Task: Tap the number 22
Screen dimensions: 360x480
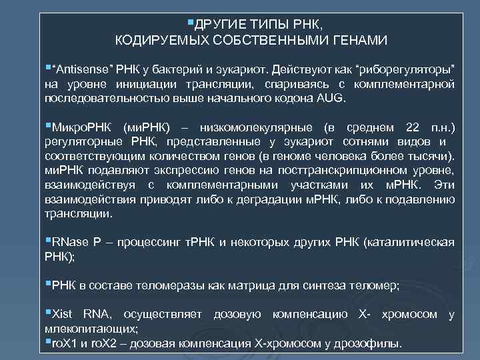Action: pyautogui.click(x=412, y=128)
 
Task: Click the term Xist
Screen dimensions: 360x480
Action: pyautogui.click(x=64, y=315)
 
